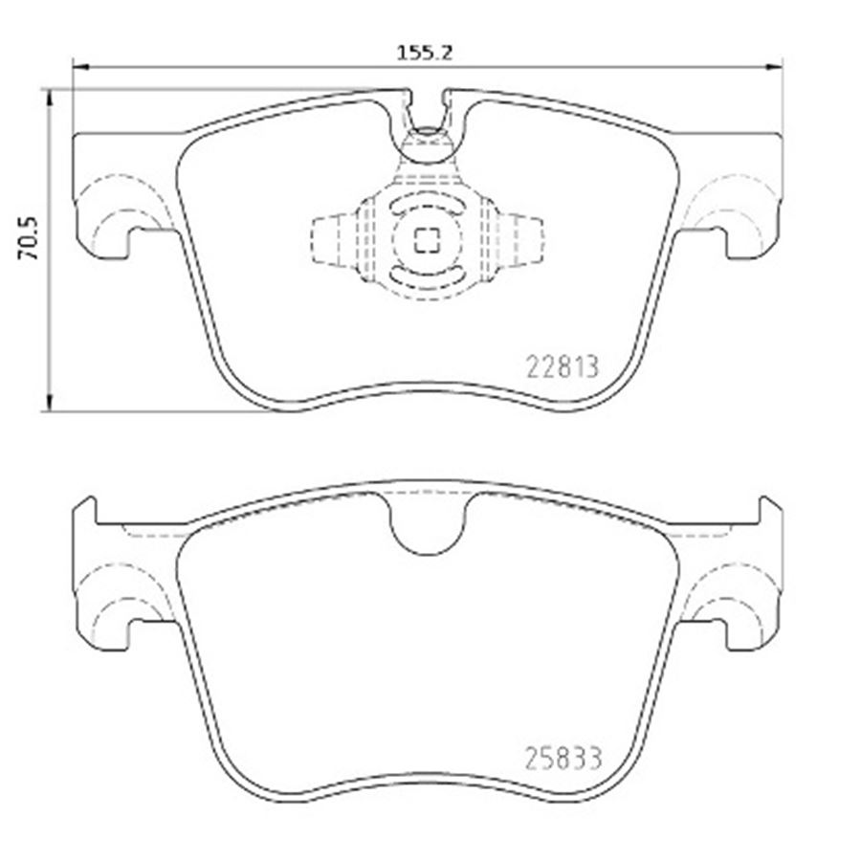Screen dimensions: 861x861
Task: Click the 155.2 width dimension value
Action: (x=425, y=53)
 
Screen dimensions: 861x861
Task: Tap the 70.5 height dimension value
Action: (x=28, y=237)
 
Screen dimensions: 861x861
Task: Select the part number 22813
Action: (x=562, y=366)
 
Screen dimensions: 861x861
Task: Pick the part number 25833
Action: (x=563, y=759)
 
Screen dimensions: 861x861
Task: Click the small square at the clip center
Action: (x=427, y=240)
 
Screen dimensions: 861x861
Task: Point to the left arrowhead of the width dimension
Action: (x=80, y=67)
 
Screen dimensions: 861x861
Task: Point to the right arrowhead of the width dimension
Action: (x=774, y=67)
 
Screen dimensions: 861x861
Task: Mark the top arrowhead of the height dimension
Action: (x=50, y=97)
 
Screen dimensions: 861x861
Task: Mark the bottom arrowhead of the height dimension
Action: (x=50, y=403)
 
